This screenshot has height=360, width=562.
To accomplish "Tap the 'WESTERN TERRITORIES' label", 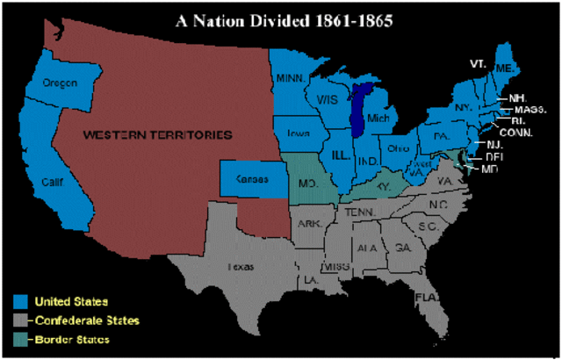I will click(x=157, y=135).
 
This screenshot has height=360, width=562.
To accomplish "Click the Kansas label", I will click(x=250, y=178).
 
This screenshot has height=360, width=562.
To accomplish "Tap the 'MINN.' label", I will click(x=291, y=78).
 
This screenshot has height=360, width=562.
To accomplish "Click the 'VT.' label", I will click(x=478, y=65).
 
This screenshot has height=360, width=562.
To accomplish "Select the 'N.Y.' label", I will click(x=464, y=108).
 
